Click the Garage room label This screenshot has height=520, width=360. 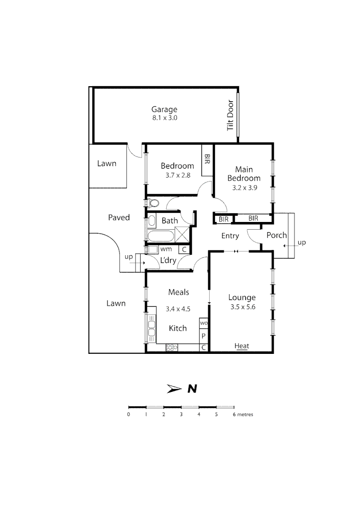click(165, 109)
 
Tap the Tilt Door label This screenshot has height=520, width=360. click(230, 116)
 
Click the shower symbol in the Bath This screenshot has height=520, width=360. click(182, 235)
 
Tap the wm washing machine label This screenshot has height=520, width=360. click(166, 249)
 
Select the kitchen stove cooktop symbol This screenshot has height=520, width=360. click(172, 347)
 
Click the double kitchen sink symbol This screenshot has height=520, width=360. click(152, 328)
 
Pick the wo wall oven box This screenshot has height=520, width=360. click(203, 323)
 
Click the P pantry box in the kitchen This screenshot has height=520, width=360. click(203, 336)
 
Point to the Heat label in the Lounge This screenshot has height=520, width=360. click(241, 346)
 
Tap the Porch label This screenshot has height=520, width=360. click(277, 235)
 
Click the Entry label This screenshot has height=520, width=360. click(230, 235)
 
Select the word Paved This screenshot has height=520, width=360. click(119, 218)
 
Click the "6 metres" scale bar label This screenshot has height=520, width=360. click(242, 414)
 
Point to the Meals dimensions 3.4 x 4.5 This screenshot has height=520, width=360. click(178, 309)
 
